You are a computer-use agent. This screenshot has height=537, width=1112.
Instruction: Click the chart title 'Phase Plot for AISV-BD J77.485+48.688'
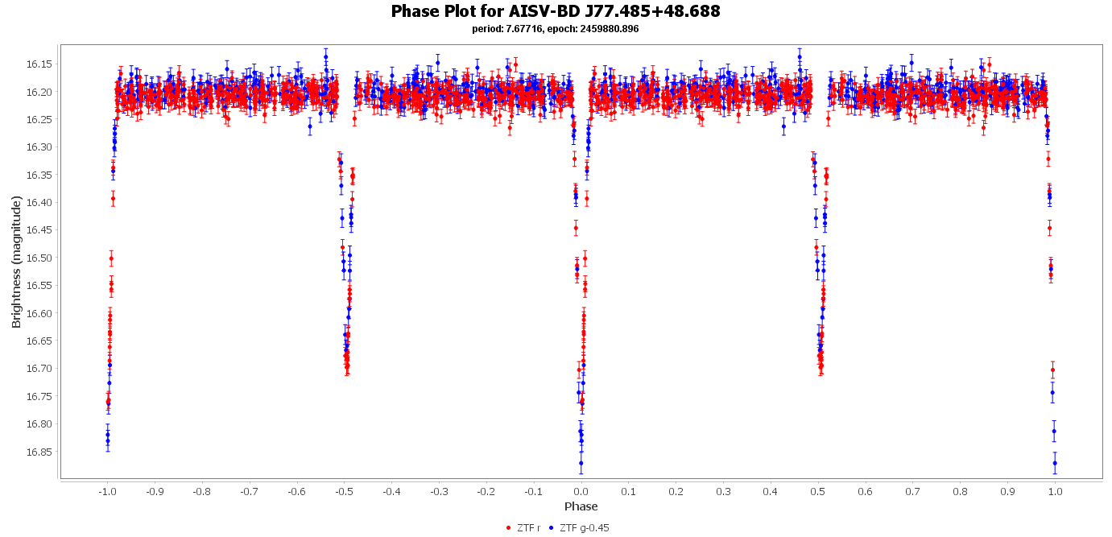(x=556, y=11)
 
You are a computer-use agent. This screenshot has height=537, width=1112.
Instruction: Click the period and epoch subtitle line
(x=556, y=29)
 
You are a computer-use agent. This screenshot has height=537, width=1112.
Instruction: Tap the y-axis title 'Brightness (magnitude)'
(x=16, y=262)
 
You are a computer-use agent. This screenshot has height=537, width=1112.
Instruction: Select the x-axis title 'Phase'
(x=581, y=506)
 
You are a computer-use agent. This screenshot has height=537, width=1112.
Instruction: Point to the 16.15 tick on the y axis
(x=39, y=64)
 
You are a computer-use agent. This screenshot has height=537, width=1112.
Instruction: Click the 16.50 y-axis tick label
(x=39, y=258)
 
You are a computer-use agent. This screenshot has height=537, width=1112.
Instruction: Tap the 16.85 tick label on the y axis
(x=39, y=452)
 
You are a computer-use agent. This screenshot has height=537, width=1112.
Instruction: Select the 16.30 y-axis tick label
(x=39, y=147)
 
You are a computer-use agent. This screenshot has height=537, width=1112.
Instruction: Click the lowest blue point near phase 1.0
(x=1055, y=463)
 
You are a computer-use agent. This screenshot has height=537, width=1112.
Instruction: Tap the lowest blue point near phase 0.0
(x=581, y=463)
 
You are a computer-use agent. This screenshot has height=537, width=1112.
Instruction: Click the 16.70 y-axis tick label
(x=39, y=369)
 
